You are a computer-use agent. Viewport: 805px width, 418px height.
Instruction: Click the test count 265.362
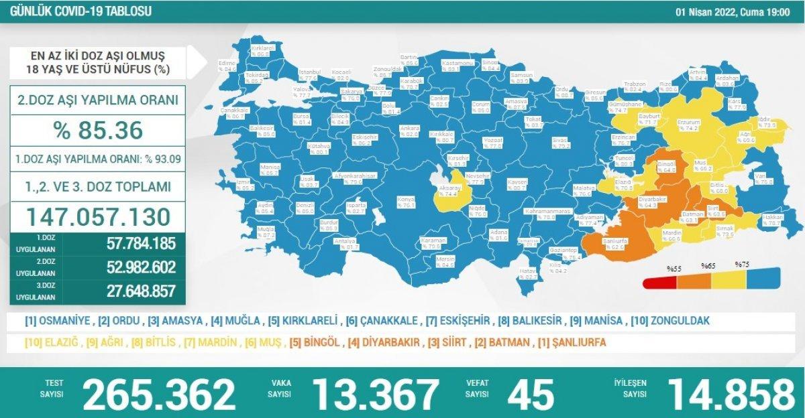(159, 394)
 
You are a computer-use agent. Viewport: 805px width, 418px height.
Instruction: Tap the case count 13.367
(376, 394)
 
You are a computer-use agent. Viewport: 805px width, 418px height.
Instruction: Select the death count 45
(531, 394)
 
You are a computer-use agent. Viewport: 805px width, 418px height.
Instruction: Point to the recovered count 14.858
(726, 394)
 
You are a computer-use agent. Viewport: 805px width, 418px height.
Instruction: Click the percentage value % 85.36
(98, 130)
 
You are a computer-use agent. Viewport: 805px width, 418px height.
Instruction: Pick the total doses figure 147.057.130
(98, 216)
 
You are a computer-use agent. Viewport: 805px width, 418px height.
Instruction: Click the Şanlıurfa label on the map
(615, 240)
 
